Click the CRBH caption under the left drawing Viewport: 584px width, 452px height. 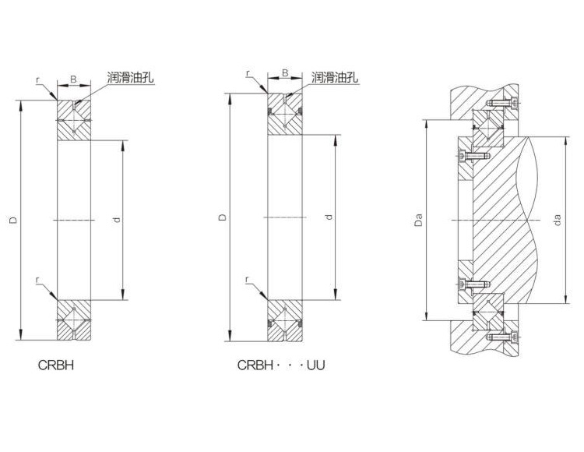[x=56, y=365]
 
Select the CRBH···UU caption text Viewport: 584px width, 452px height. [x=281, y=365]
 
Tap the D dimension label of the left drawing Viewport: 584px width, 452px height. [x=13, y=220]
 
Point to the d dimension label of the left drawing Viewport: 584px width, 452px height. [x=118, y=220]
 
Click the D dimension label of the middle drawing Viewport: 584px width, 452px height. [x=223, y=217]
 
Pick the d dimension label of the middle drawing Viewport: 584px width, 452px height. [x=329, y=217]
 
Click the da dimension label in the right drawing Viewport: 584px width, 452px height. [x=558, y=220]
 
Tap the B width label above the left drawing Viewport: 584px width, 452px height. [x=74, y=79]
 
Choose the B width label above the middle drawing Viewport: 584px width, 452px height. [x=285, y=72]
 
